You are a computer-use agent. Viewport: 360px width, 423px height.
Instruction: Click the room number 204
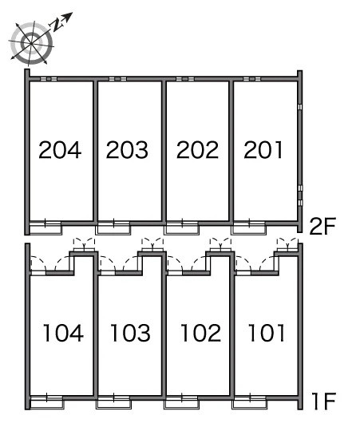point(60,150)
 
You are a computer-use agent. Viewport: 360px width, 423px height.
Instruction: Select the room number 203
point(127,150)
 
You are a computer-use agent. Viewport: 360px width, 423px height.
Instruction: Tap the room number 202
point(197,150)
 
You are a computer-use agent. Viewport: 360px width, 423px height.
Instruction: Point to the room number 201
point(263,150)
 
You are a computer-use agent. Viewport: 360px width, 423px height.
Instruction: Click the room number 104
point(63,333)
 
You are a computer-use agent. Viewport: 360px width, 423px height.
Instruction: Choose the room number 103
point(130,333)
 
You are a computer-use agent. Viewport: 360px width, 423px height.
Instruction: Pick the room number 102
point(201,333)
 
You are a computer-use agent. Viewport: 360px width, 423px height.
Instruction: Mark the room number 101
point(267,333)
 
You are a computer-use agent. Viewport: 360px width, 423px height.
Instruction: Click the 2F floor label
point(322,226)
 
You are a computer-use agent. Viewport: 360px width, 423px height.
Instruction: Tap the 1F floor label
point(324,401)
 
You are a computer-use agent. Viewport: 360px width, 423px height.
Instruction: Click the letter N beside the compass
point(57,25)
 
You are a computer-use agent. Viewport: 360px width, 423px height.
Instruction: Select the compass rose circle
point(31,43)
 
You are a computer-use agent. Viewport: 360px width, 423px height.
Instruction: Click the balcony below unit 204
point(45,228)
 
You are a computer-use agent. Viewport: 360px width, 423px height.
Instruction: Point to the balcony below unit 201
point(248,228)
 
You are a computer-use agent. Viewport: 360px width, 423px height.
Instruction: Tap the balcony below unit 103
point(113,403)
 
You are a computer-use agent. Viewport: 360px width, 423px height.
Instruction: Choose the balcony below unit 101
point(249,403)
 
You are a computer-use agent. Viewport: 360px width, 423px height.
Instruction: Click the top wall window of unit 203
point(117,79)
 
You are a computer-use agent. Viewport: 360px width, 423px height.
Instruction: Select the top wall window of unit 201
point(251,79)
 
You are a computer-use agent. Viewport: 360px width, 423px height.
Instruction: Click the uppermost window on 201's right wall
point(300,107)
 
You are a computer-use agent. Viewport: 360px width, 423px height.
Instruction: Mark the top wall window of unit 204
point(49,79)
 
